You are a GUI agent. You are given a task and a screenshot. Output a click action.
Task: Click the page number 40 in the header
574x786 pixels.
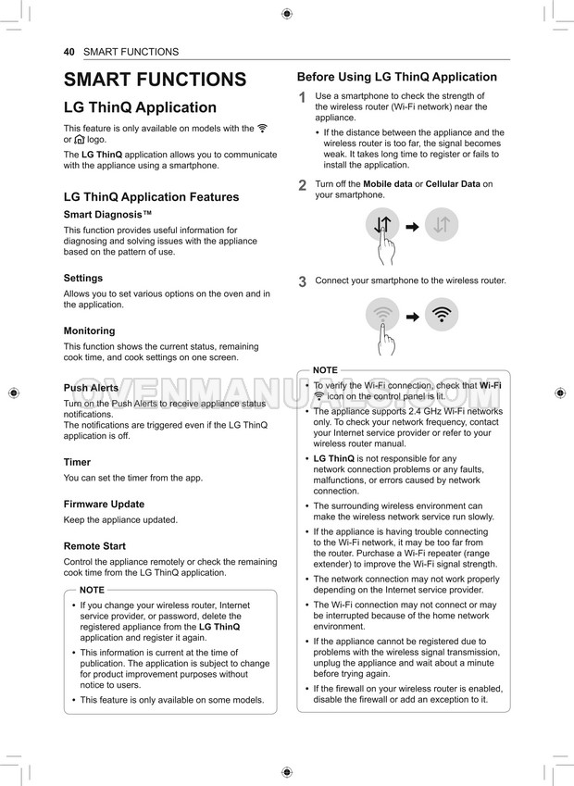coord(69,52)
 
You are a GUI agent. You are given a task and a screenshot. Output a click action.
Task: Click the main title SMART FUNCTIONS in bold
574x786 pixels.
coord(155,80)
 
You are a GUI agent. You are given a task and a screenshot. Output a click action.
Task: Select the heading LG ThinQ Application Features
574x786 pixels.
coord(151,197)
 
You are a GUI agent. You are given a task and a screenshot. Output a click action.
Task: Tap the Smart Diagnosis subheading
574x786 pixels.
coord(107,215)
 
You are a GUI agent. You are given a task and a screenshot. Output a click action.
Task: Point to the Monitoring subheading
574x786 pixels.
coord(90,331)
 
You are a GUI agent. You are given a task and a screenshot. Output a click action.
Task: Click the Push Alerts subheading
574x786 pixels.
coord(91,388)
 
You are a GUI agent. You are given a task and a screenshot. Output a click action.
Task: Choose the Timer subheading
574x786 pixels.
coord(77,462)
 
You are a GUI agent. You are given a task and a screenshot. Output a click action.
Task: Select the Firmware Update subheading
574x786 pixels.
coord(104,505)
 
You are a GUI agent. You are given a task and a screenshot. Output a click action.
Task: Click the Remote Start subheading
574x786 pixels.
coord(94,546)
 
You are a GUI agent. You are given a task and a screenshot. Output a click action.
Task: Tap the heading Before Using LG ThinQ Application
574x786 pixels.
coord(396,77)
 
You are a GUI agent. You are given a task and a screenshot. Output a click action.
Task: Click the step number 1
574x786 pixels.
coord(302,98)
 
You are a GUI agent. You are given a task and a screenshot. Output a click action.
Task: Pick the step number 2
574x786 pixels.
coord(302,186)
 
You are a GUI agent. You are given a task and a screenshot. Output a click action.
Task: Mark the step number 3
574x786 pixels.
coord(302,282)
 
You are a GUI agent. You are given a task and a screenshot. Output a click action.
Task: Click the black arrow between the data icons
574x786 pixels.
coord(413,226)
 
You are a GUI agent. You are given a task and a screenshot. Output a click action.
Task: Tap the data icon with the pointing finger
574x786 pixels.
coord(383,225)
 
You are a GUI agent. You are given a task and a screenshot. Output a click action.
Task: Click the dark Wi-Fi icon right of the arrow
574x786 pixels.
coord(442,315)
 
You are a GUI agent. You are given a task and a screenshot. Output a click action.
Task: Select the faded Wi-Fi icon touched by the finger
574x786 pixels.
coord(383,315)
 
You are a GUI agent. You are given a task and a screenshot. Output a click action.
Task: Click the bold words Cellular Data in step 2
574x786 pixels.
coord(453,184)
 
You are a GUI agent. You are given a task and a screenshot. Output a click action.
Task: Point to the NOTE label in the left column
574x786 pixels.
coord(93,590)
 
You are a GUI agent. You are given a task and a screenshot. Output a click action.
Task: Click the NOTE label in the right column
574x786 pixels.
coord(325,370)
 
